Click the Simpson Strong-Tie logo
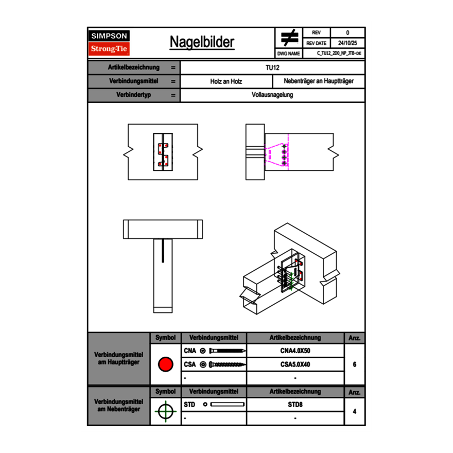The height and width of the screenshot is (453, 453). pyautogui.click(x=109, y=43)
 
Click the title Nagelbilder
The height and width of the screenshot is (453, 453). pyautogui.click(x=202, y=42)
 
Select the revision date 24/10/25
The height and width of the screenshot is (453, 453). pyautogui.click(x=347, y=43)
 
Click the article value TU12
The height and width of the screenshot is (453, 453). pyautogui.click(x=272, y=67)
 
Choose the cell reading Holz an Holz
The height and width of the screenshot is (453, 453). pyautogui.click(x=226, y=81)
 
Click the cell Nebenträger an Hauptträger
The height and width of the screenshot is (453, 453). pyautogui.click(x=319, y=81)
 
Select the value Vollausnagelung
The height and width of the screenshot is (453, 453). pyautogui.click(x=272, y=95)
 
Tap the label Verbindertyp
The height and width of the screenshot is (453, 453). pyautogui.click(x=133, y=95)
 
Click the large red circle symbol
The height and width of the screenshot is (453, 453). pyautogui.click(x=165, y=364)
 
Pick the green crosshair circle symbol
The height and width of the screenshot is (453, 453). pyautogui.click(x=165, y=411)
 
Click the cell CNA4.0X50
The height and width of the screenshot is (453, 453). pyautogui.click(x=295, y=351)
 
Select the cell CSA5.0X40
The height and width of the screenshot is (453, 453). pyautogui.click(x=295, y=364)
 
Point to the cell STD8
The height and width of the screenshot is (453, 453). pyautogui.click(x=295, y=405)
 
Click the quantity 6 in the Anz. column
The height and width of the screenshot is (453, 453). pyautogui.click(x=355, y=364)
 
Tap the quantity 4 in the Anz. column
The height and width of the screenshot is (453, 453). pyautogui.click(x=355, y=411)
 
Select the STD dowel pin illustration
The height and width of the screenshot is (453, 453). pyautogui.click(x=226, y=405)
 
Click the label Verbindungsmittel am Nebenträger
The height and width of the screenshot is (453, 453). pyautogui.click(x=118, y=405)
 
